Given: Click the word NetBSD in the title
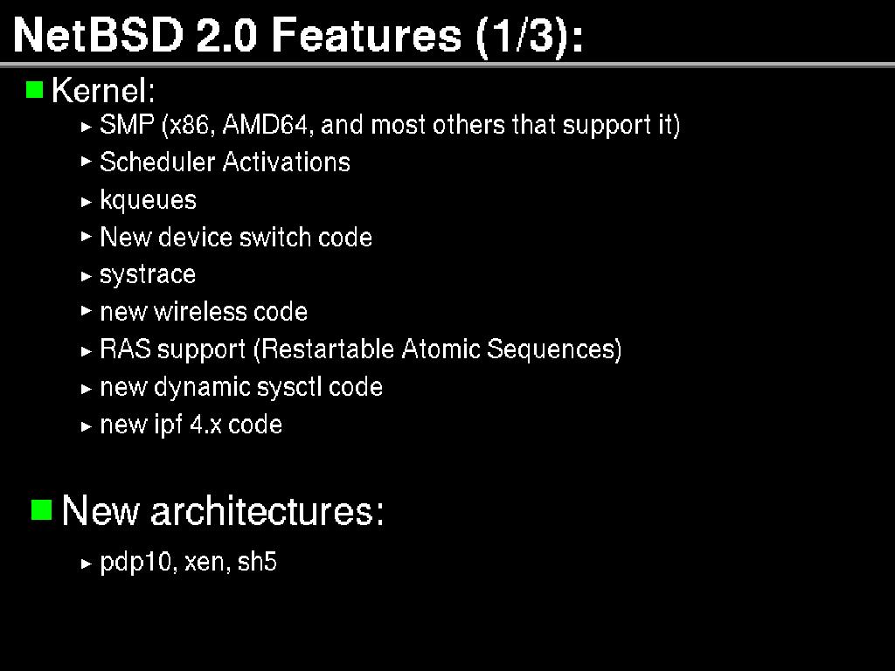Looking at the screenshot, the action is click(98, 35).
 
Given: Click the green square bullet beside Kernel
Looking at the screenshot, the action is click(35, 90).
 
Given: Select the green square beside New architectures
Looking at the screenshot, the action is click(42, 509).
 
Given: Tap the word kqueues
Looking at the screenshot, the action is click(148, 200).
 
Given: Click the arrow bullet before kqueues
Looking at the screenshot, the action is click(87, 202).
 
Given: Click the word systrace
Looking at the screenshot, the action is click(148, 274).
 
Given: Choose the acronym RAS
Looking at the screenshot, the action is click(125, 349).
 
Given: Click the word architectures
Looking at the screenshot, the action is click(267, 509).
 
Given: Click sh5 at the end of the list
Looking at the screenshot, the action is click(257, 561).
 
